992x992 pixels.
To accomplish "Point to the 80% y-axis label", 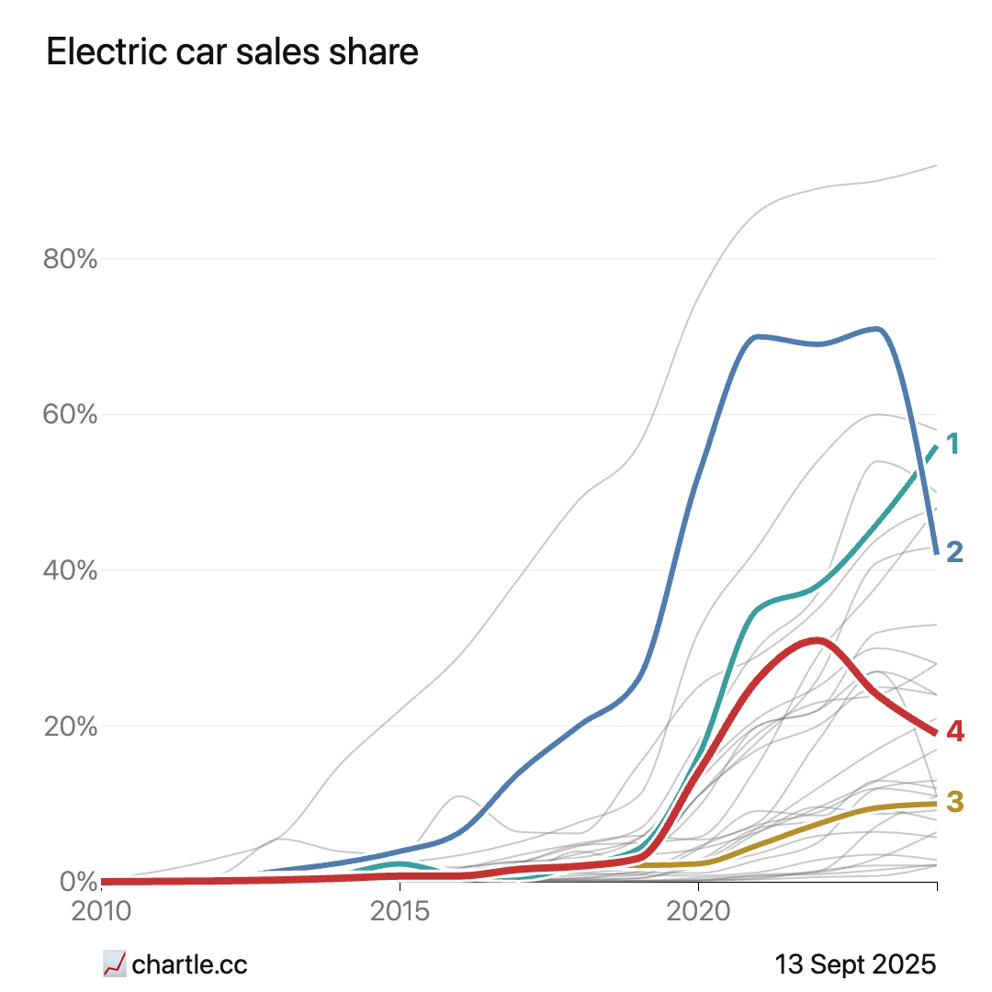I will [71, 259].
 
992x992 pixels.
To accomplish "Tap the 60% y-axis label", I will [71, 414].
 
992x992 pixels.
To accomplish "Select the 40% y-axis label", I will [71, 570].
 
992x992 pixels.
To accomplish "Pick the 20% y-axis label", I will [71, 726].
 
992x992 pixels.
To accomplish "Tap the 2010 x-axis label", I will [101, 914].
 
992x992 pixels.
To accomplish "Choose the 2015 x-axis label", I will [400, 914].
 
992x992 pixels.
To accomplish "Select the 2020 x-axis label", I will [698, 914].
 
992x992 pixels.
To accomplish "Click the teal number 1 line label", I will [953, 445].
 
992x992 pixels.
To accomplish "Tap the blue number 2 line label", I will [954, 552].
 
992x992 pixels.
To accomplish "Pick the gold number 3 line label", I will [954, 803].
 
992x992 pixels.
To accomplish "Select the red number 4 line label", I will [955, 732].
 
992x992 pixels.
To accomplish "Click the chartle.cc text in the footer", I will [190, 964].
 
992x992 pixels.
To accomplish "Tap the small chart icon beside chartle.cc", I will [114, 964].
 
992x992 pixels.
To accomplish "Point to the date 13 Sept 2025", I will [855, 964].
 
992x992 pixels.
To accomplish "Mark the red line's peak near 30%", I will [817, 640].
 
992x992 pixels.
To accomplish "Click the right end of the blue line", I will [936, 552].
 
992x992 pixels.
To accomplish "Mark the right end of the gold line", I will [936, 803].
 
